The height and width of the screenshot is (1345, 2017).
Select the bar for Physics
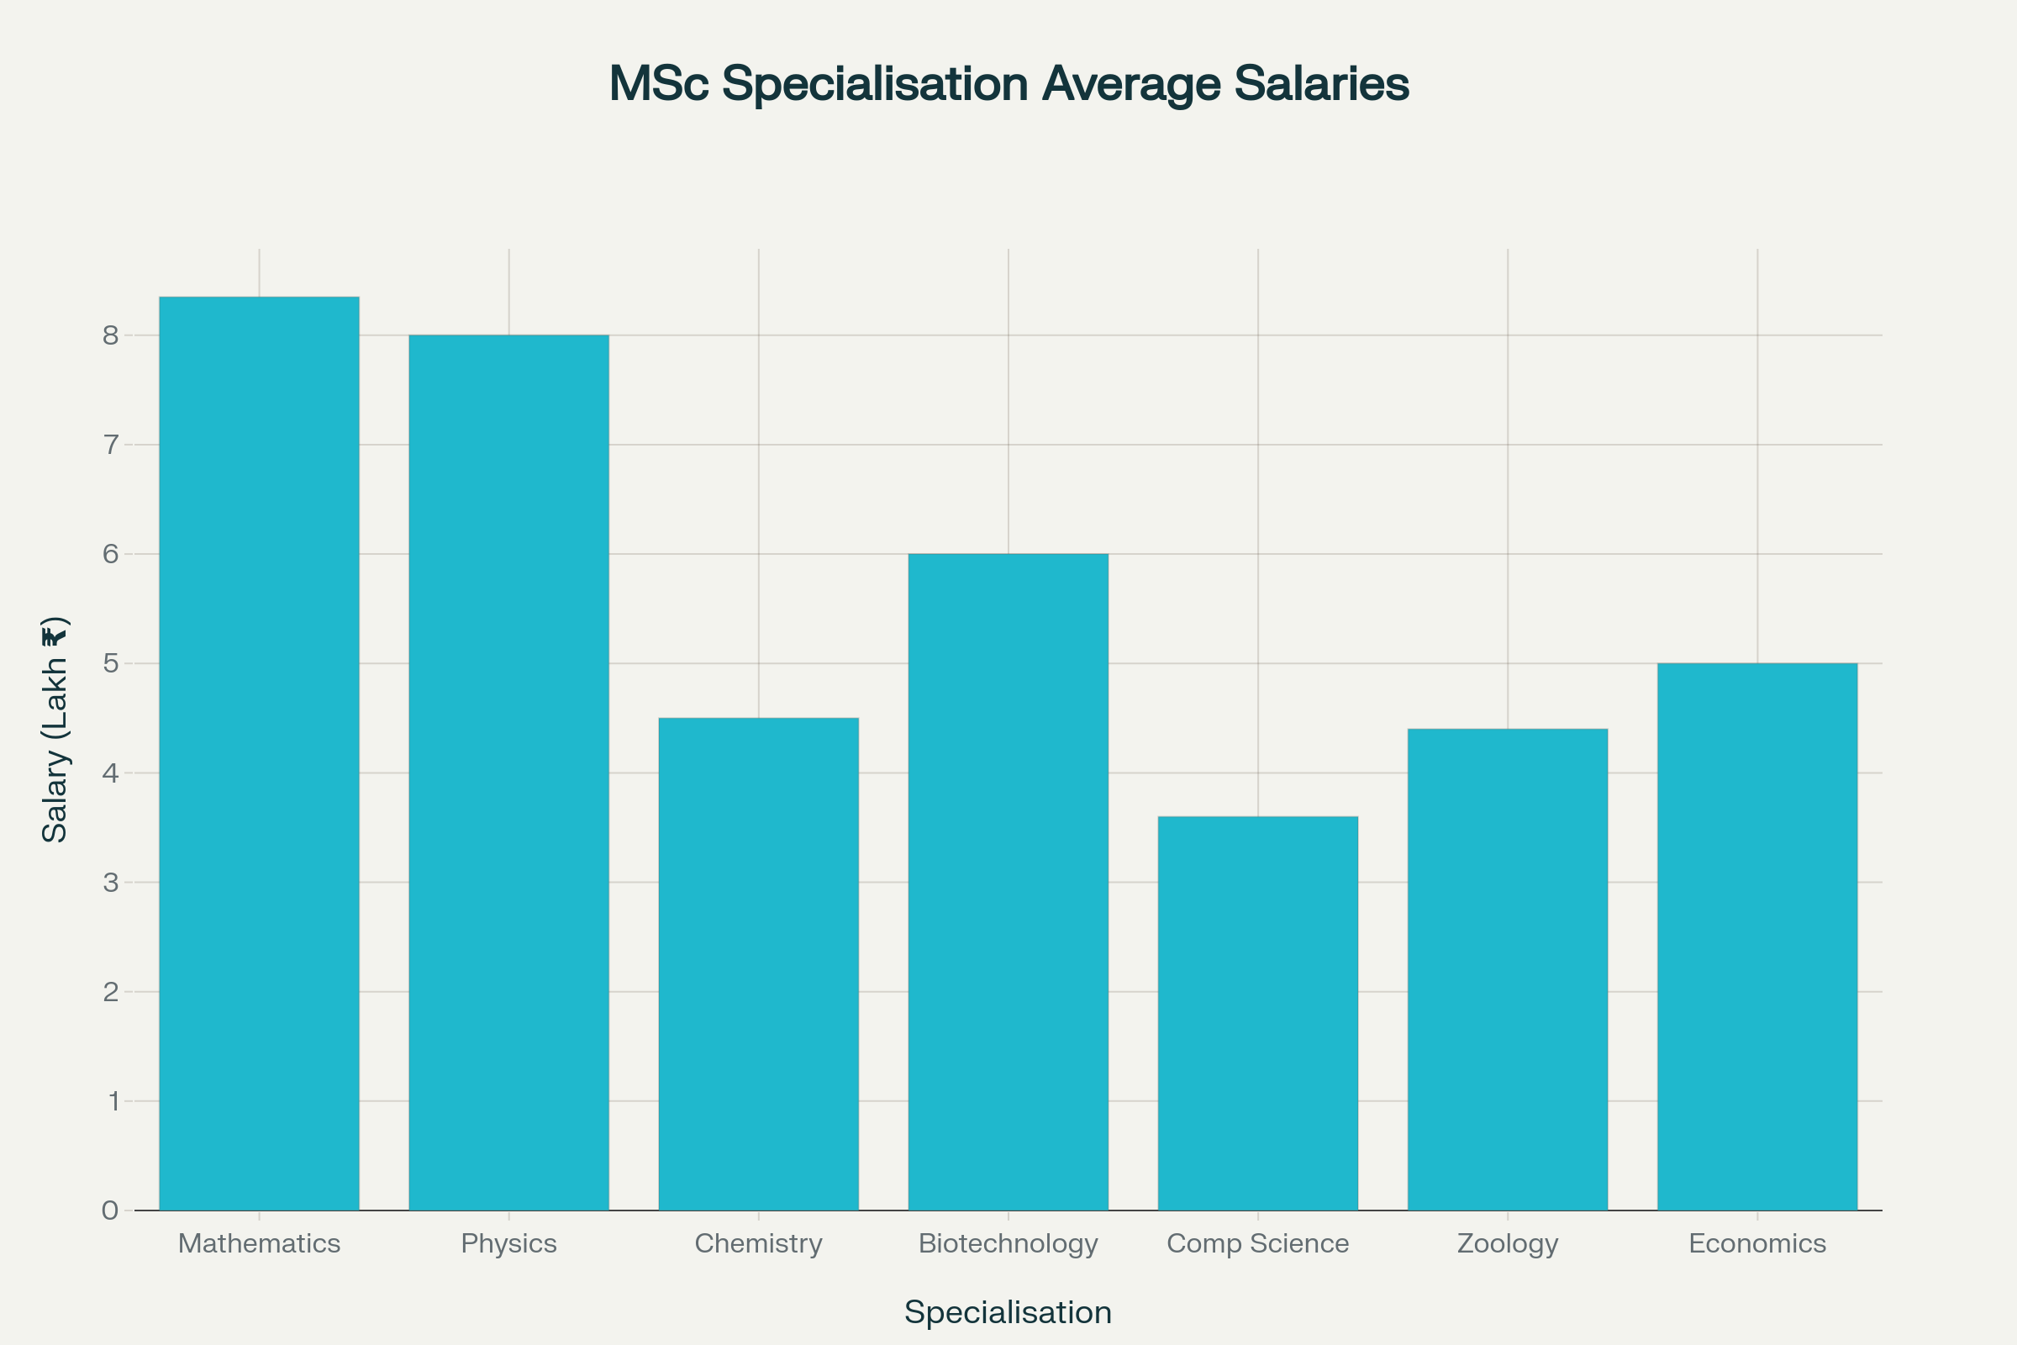click(x=508, y=772)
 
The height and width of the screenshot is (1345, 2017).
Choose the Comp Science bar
click(x=1257, y=1013)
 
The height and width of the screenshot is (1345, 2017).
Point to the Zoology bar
click(x=1507, y=969)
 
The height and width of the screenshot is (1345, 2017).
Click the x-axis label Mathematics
click(x=259, y=1243)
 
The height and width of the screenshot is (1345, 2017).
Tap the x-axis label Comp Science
click(x=1257, y=1243)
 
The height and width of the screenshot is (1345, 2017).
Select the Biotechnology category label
click(x=1008, y=1243)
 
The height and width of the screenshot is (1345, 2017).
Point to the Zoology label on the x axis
click(x=1507, y=1243)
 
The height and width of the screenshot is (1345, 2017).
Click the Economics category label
click(x=1756, y=1243)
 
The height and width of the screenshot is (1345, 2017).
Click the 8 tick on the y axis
click(x=111, y=335)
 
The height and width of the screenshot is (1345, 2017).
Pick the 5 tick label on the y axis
click(x=111, y=664)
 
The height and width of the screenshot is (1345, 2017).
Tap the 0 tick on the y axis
click(x=111, y=1210)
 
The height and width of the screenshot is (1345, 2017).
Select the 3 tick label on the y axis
click(x=111, y=883)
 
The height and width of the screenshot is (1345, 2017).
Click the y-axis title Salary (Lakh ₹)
click(x=55, y=729)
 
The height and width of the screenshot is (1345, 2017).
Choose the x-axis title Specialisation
click(x=1008, y=1312)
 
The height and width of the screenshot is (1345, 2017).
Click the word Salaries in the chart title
click(x=1320, y=84)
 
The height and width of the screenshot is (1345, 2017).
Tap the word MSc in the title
click(x=659, y=84)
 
